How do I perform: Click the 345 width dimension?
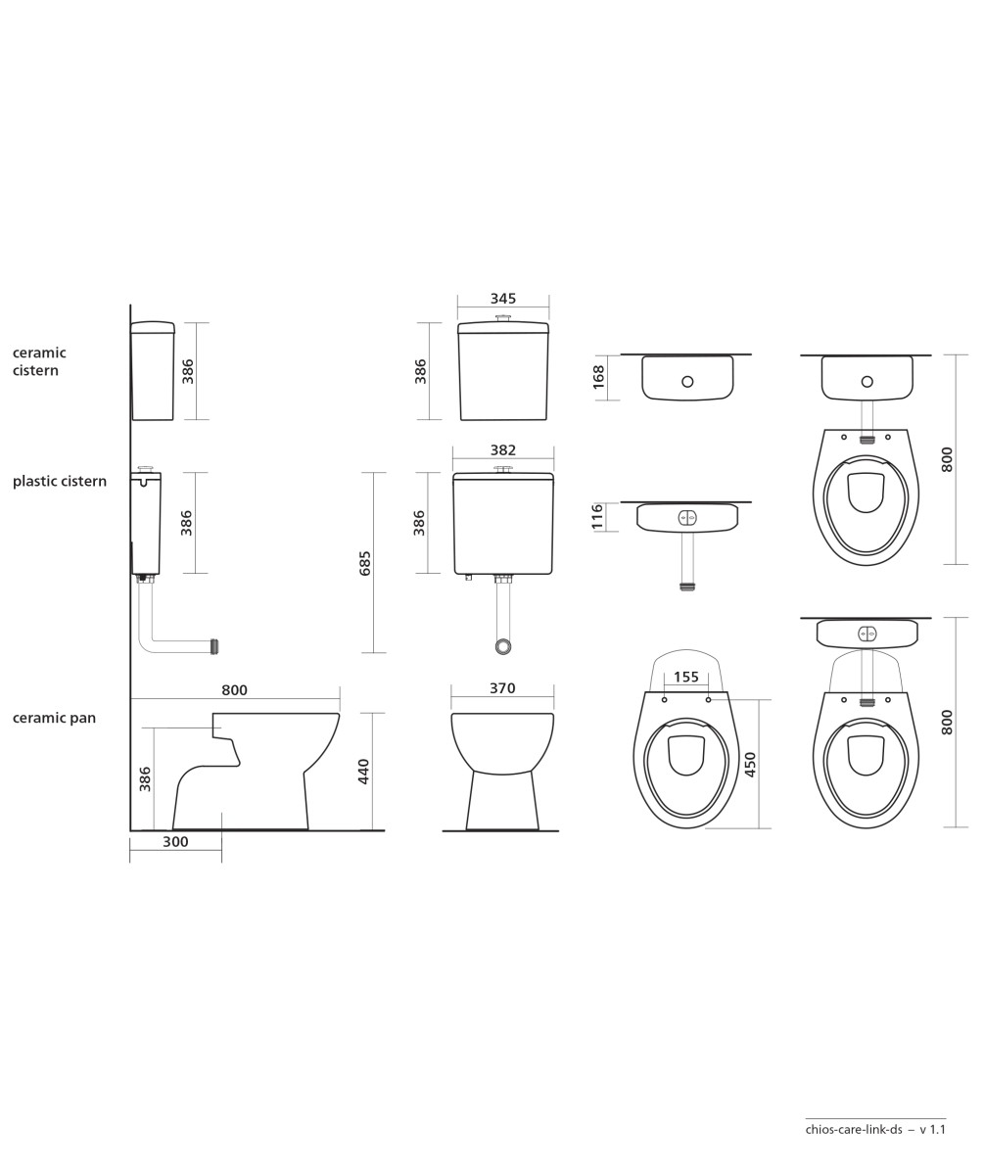[x=502, y=299]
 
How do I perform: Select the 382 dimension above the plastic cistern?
[x=502, y=450]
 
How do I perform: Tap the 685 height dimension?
[x=365, y=563]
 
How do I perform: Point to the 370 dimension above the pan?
[x=502, y=688]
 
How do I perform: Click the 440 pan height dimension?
[x=363, y=772]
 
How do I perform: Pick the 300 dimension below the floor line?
[x=175, y=842]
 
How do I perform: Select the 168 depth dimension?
[x=598, y=377]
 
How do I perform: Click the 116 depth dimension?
[x=597, y=517]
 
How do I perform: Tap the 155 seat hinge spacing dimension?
[x=686, y=677]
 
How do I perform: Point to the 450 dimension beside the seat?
[x=750, y=764]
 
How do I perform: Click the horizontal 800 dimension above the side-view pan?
[x=234, y=690]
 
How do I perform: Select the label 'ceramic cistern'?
[x=39, y=361]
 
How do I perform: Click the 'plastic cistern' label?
[x=60, y=481]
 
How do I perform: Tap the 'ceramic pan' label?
[x=54, y=718]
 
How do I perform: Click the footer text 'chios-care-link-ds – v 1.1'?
[x=875, y=1129]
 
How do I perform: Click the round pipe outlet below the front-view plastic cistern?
[x=503, y=646]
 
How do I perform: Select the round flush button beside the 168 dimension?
[x=687, y=382]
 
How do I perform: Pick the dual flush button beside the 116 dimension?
[x=687, y=517]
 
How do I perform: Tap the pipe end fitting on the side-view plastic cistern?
[x=214, y=646]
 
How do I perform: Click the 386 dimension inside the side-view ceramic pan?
[x=145, y=778]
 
